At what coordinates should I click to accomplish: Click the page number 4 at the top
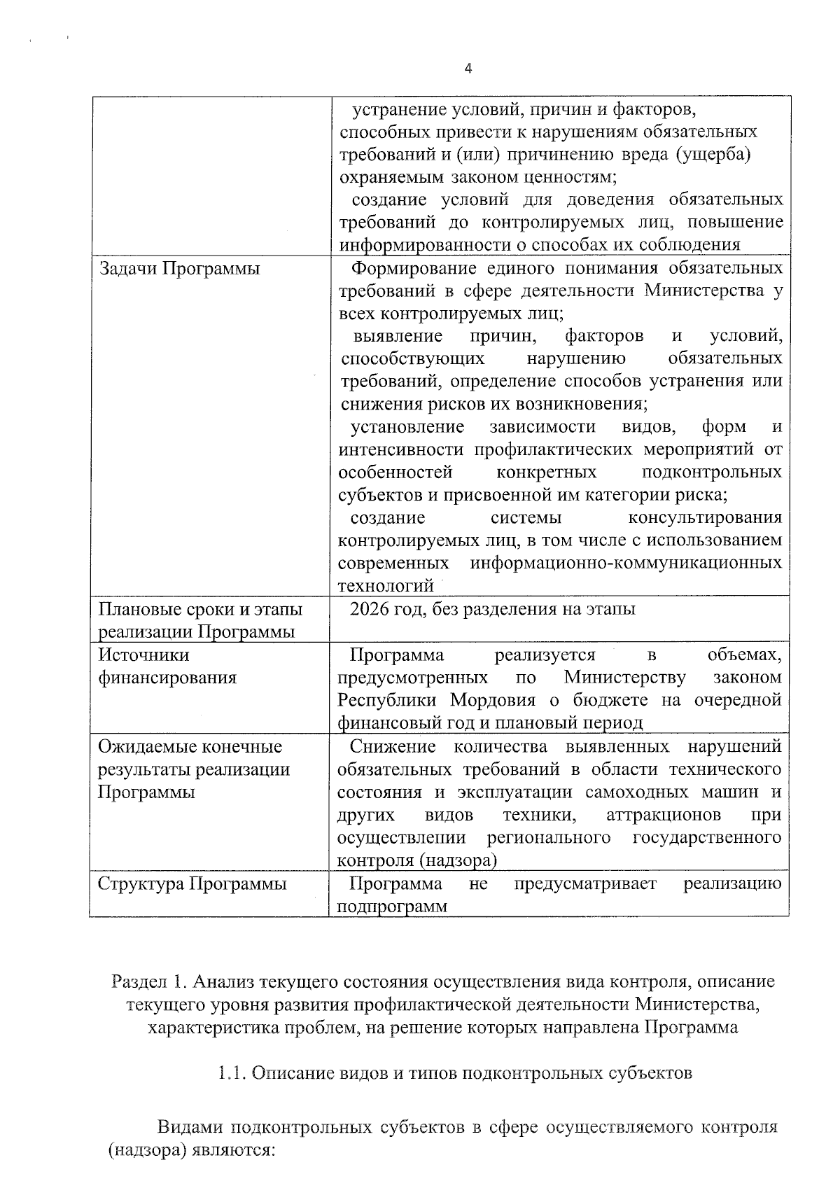[x=468, y=69]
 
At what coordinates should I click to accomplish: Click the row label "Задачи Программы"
[x=178, y=269]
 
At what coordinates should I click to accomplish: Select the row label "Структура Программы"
[x=192, y=883]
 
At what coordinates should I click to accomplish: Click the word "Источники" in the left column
[x=143, y=655]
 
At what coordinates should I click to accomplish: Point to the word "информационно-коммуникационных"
[x=626, y=564]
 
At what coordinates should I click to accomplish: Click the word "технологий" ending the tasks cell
[x=386, y=586]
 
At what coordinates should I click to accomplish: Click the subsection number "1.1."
[x=231, y=1072]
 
